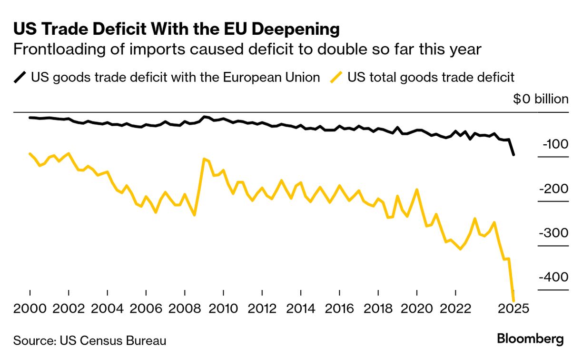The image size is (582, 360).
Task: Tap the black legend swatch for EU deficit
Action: pos(20,77)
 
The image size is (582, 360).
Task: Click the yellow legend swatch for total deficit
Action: pos(337,77)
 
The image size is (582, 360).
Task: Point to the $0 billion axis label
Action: pos(541,99)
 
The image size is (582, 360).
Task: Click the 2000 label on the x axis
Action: pos(30,308)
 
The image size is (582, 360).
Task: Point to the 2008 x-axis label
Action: pos(185,308)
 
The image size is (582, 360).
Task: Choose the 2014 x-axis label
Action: pos(301,308)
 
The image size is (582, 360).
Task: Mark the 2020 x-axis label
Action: pos(417,308)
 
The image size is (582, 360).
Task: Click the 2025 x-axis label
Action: pos(513,308)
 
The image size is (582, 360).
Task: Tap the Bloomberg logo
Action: pos(530,339)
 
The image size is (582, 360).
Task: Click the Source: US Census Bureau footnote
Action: pos(89,341)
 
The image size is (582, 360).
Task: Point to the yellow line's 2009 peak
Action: pos(204,159)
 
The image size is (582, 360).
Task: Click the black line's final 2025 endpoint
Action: pos(513,155)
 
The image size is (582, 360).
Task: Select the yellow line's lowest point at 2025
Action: pos(513,300)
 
